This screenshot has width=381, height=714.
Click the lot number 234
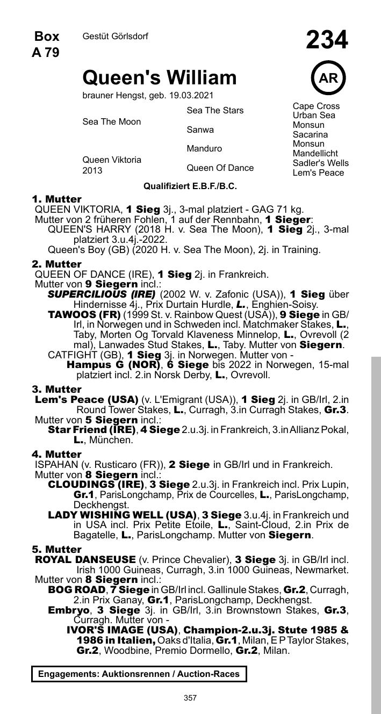(x=327, y=40)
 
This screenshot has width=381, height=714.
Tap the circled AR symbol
(x=328, y=78)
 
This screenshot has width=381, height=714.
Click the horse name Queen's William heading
(x=159, y=78)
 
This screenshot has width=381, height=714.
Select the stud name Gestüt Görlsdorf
(x=115, y=37)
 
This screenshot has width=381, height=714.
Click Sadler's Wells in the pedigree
(x=320, y=163)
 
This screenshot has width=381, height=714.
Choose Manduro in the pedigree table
(x=204, y=149)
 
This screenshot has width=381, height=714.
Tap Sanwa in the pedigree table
(x=200, y=130)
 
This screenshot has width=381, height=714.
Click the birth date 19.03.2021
(x=191, y=96)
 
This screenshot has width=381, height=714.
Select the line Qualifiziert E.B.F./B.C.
(x=190, y=186)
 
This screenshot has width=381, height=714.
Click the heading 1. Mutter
(x=56, y=199)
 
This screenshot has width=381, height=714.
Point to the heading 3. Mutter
(x=56, y=389)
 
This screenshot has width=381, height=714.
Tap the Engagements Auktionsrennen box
(x=139, y=674)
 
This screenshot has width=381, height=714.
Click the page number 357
(x=190, y=698)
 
